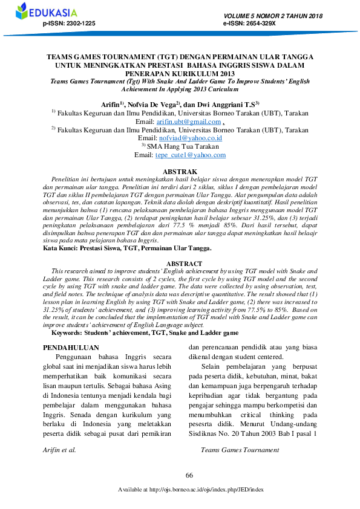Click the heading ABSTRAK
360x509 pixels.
tap(180, 172)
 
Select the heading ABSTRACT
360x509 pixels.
tap(180, 263)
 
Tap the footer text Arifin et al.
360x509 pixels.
tap(59, 450)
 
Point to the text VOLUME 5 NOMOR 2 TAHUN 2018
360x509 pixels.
tap(273, 16)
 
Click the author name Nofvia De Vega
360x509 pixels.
tap(151, 104)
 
